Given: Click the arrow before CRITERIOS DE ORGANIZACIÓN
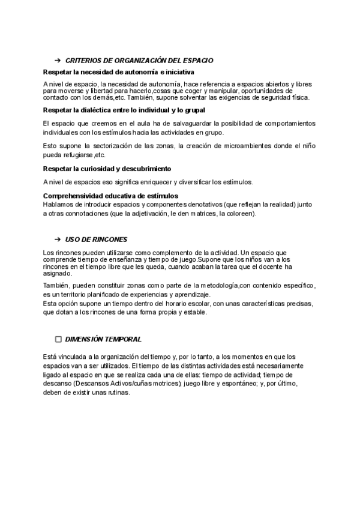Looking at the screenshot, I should [58, 61].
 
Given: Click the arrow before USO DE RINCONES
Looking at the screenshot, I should [58, 239].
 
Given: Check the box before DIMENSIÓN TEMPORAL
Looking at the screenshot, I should [58, 339].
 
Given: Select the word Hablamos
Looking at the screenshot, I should [59, 204].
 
